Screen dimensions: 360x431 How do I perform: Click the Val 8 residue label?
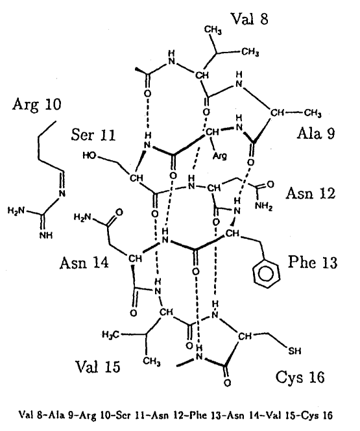coord(249,19)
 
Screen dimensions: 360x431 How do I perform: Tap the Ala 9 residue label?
coord(316,134)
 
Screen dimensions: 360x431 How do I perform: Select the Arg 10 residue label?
coord(36,105)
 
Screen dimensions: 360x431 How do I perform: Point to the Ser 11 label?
coord(93,135)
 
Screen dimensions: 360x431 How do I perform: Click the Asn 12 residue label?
coord(311,193)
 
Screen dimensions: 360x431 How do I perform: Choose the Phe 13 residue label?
coord(313,262)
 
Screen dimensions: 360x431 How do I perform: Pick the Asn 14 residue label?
coord(84,262)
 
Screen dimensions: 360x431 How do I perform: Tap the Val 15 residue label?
coord(98,366)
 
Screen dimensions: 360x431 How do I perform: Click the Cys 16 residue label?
coord(300,377)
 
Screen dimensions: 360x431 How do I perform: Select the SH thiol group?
coord(294,351)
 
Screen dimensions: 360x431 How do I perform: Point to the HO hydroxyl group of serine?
coord(90,156)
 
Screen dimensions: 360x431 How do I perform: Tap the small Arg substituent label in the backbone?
coord(221,156)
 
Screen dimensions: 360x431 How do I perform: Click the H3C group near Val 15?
coord(110,334)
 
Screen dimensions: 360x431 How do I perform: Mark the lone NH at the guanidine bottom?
coord(46,236)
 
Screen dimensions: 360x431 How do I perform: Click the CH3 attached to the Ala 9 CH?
coord(313,113)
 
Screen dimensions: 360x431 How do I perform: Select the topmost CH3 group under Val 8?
coord(213,31)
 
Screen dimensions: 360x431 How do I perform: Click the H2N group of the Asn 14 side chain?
coord(82,217)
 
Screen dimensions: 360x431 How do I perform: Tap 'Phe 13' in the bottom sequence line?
coord(204,415)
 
